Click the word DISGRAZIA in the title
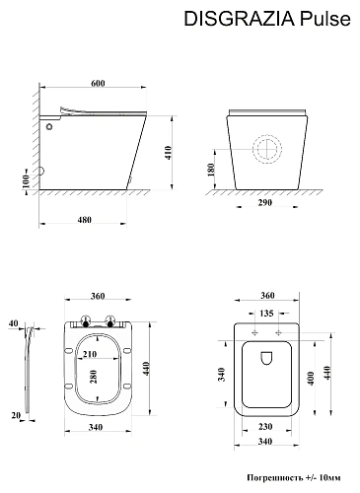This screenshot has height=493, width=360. (240, 19)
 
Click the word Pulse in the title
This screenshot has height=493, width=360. (325, 19)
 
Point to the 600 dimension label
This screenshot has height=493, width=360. (98, 84)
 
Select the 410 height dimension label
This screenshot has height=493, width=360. (168, 153)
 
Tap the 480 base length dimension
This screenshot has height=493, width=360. (85, 220)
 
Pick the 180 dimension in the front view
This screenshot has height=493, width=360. (211, 170)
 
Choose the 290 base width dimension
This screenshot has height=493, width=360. (265, 202)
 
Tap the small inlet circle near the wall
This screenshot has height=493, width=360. (49, 126)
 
